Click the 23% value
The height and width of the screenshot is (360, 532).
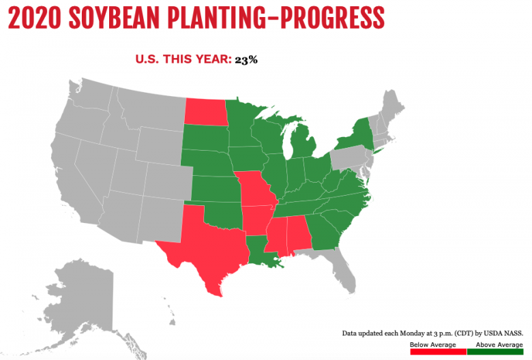pos(246,59)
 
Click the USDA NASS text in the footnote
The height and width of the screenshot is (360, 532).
pos(501,333)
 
